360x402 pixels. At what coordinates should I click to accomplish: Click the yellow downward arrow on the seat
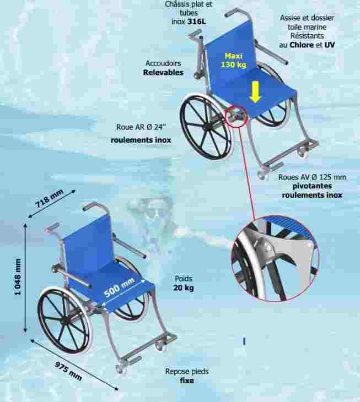click(255, 92)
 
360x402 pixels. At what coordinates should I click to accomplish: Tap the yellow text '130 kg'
click(234, 64)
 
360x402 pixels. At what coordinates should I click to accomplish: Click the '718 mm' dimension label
click(49, 198)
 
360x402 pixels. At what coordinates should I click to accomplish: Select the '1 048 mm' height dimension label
click(18, 277)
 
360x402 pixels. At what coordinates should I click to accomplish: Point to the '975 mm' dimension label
click(68, 371)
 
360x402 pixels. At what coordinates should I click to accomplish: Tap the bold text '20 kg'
click(184, 287)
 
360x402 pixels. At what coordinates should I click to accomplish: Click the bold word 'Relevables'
click(163, 72)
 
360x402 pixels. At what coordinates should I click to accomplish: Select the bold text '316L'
click(197, 21)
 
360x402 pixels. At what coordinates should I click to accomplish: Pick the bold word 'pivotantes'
click(312, 186)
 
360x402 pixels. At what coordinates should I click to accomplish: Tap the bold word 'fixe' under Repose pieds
click(187, 380)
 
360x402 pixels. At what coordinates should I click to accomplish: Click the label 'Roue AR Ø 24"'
click(141, 127)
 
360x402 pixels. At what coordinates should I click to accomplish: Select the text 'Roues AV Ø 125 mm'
click(312, 177)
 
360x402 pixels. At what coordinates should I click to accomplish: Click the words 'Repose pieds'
click(187, 371)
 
